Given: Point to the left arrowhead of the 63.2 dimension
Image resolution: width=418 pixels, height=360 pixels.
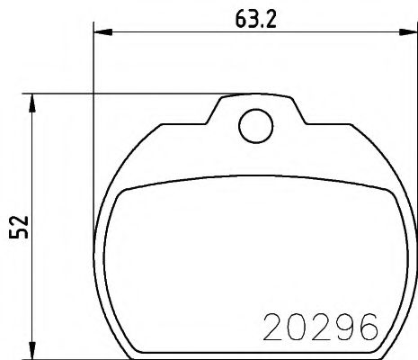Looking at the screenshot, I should (101, 34).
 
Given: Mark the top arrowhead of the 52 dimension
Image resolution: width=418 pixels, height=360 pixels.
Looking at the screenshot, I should (33, 99).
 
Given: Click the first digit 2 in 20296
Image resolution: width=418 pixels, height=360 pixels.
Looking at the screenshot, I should (272, 326).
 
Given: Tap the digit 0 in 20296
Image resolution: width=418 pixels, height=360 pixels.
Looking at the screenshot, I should (295, 326).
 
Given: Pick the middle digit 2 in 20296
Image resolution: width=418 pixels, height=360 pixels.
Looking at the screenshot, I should (318, 326).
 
